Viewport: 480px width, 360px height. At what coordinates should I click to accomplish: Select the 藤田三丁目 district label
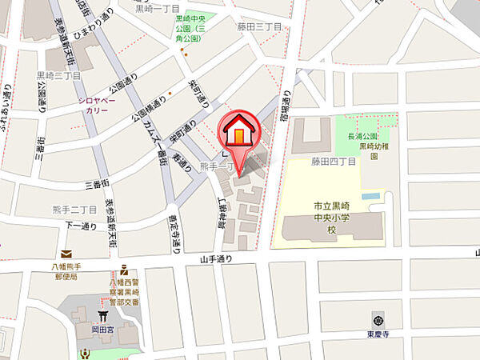[x=260, y=26]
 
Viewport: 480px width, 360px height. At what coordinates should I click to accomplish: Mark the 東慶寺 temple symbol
[x=378, y=314]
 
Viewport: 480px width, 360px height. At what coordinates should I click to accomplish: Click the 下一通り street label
[x=81, y=226]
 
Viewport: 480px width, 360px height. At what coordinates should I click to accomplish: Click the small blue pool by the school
[x=370, y=195]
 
